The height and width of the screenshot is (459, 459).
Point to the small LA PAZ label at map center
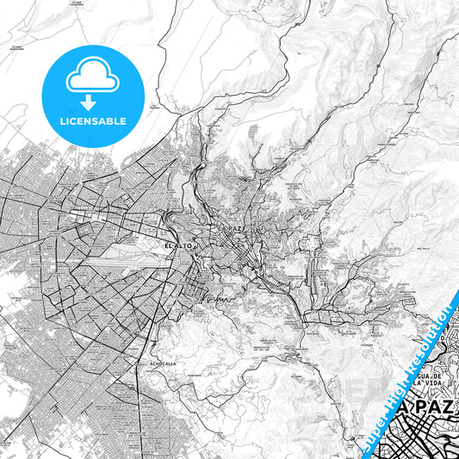pos(233,227)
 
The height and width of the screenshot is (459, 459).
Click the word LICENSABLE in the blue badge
pos(92,121)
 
